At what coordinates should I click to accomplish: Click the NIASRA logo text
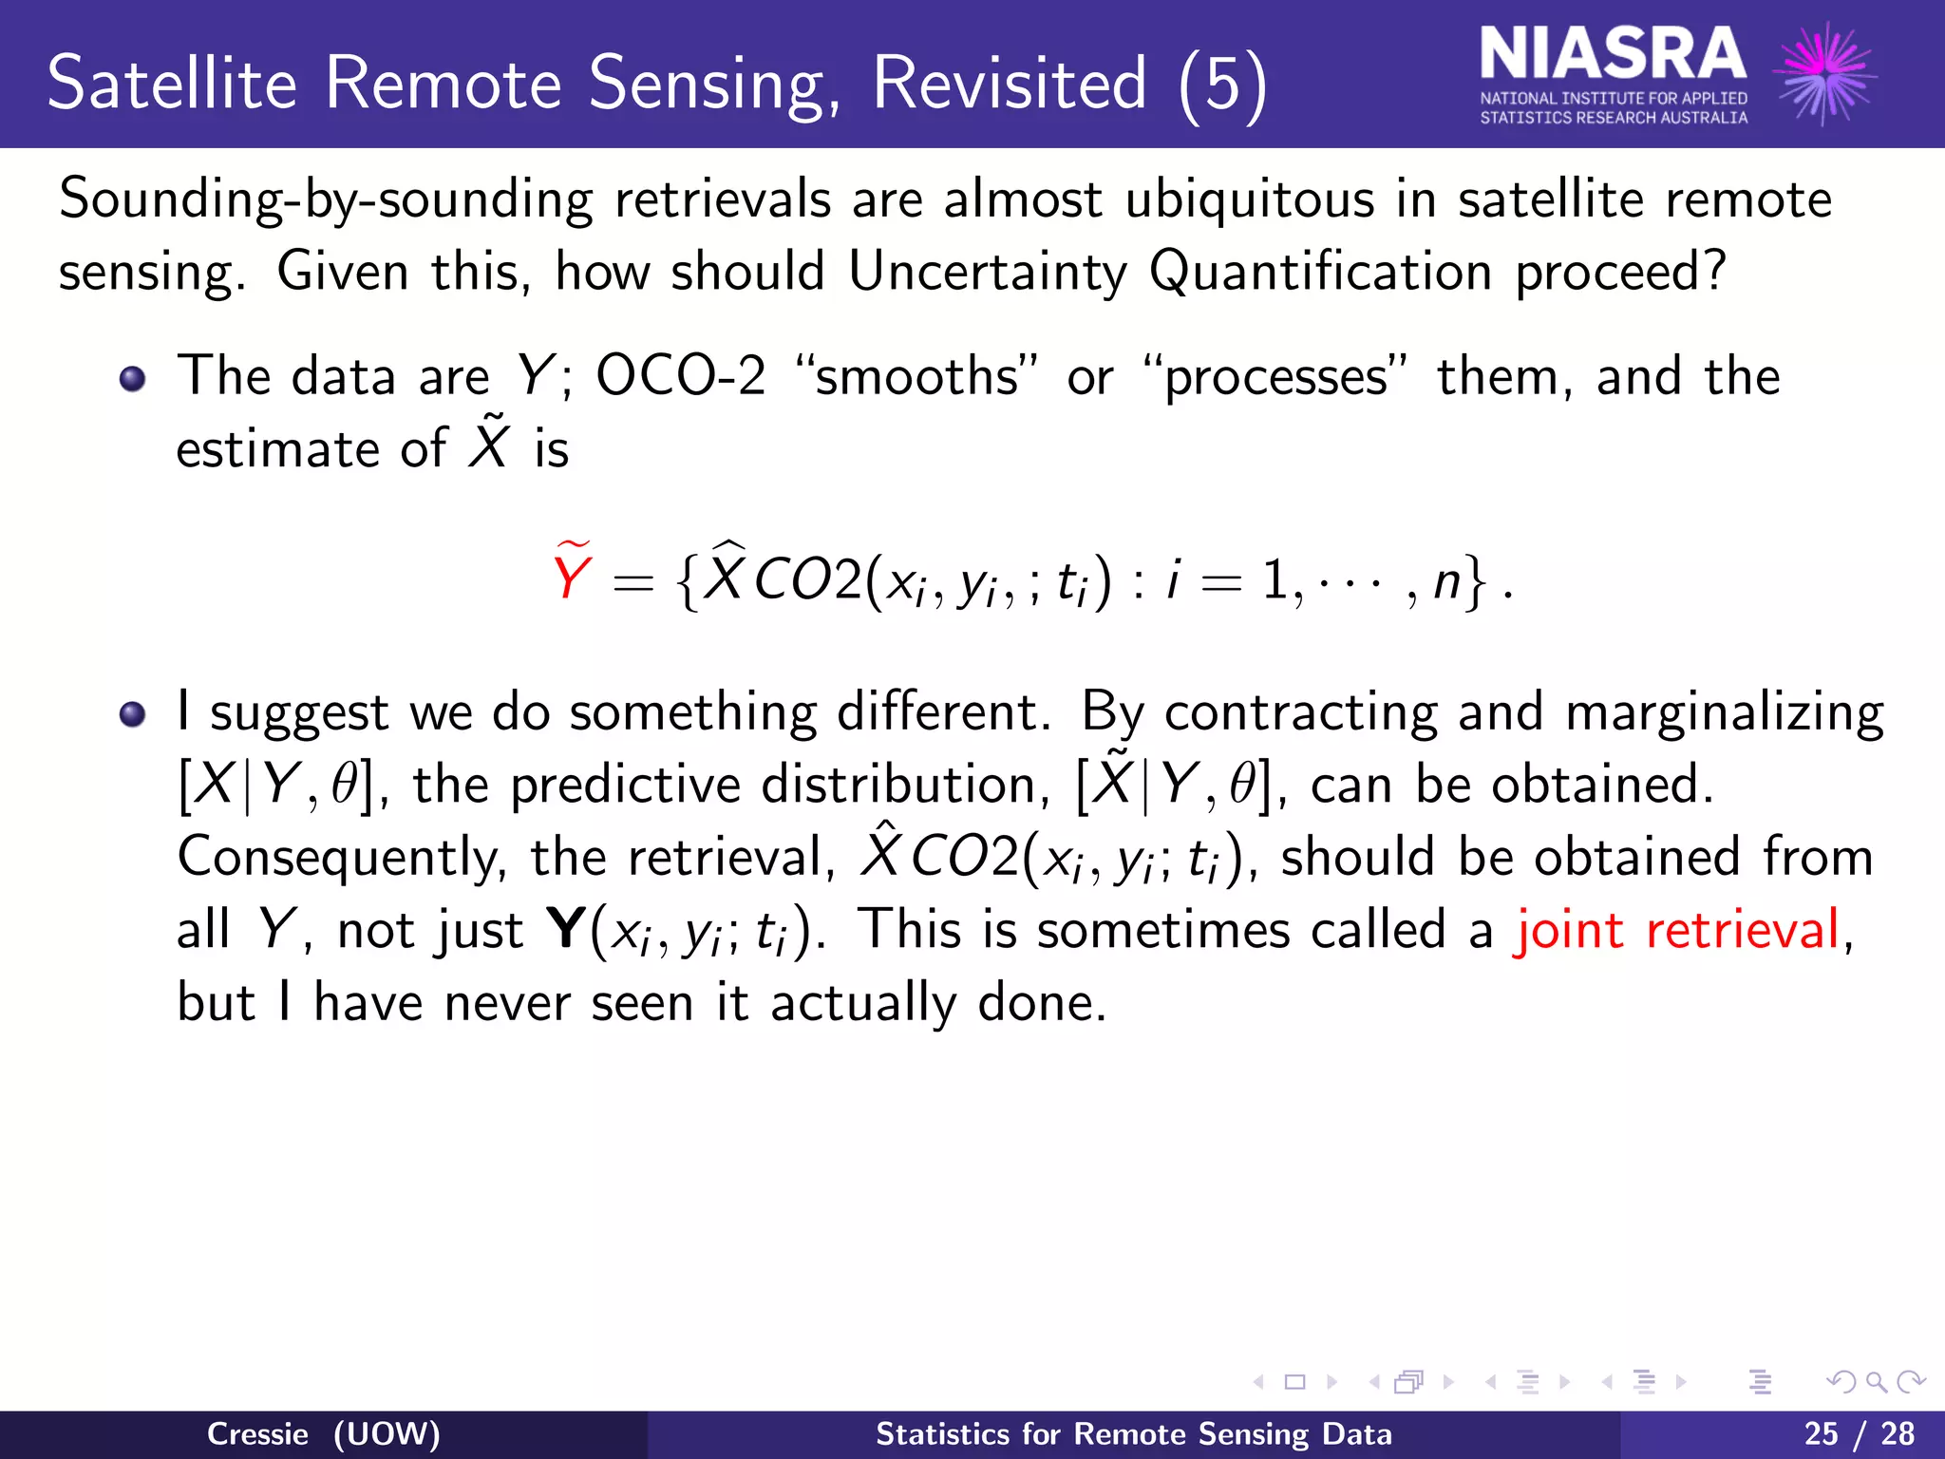coord(1612,55)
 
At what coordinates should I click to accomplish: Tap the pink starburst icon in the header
coord(1824,73)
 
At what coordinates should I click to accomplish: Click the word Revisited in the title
coord(1009,84)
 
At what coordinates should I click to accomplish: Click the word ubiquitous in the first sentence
coord(1249,200)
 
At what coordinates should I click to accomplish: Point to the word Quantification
coord(1320,273)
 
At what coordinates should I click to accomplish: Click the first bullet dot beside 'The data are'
coord(133,380)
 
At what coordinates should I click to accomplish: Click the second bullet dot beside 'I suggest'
coord(133,714)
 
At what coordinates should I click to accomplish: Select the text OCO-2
coord(680,376)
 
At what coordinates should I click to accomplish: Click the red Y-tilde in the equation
coord(572,573)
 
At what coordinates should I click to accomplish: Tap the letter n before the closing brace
coord(1445,581)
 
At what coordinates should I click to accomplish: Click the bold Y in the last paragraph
coord(566,929)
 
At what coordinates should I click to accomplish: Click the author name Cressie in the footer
coord(257,1433)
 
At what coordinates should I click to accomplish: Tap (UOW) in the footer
coord(387,1433)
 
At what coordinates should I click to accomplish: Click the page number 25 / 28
coord(1859,1433)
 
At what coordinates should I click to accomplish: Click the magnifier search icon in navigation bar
coord(1875,1382)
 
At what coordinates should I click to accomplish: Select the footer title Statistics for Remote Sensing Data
coord(1133,1433)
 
